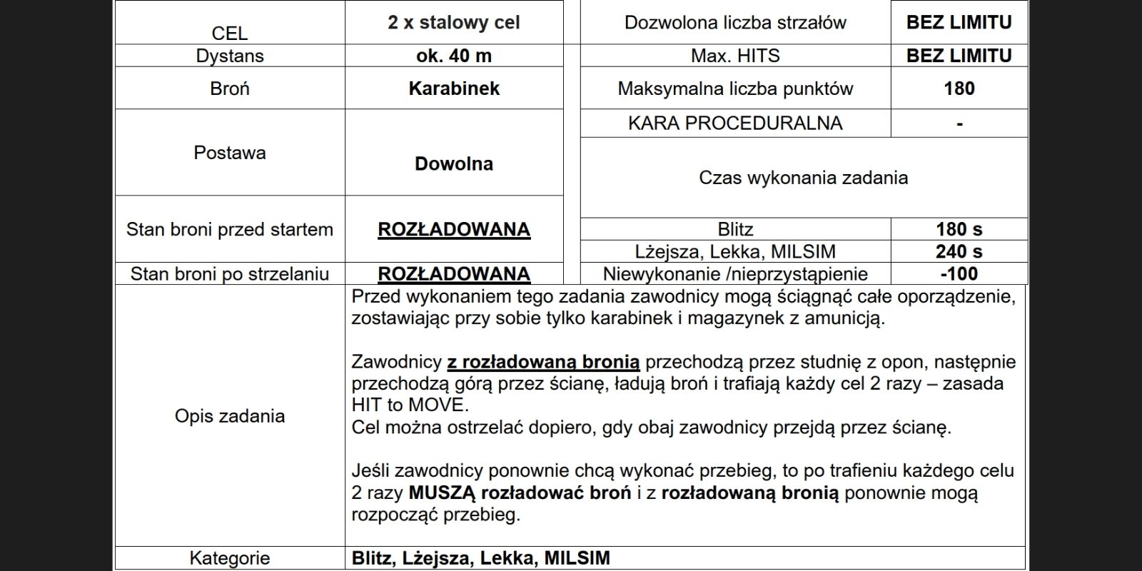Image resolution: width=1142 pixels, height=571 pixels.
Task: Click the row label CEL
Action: (230, 34)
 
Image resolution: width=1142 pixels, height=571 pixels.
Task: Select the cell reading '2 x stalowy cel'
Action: (454, 23)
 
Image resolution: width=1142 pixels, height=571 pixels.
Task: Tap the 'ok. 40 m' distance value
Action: (454, 56)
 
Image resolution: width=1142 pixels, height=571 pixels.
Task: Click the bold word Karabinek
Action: (454, 89)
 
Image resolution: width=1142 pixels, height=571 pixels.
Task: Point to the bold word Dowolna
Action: (454, 163)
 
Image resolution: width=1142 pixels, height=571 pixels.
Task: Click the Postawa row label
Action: (230, 153)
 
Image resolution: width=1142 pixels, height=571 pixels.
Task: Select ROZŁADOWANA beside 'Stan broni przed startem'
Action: (454, 229)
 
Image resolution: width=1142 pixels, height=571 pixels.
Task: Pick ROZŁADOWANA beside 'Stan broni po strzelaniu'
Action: (454, 274)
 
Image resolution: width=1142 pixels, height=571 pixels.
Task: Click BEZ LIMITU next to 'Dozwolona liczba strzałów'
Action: (959, 23)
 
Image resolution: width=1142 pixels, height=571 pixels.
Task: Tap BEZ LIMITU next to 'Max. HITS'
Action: (959, 56)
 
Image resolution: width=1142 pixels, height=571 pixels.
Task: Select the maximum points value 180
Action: (959, 89)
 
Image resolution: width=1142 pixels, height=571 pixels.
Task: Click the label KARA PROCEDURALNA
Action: (735, 123)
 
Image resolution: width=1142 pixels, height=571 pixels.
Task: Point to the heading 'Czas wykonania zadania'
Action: (804, 178)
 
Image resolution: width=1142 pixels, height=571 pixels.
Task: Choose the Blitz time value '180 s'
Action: (959, 229)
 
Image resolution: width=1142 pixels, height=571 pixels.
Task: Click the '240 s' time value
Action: (959, 251)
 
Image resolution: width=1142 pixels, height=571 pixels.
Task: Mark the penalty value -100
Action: (959, 274)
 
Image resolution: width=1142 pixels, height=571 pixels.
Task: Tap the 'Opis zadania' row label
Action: (230, 416)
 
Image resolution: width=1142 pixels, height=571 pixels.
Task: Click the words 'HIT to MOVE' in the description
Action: (409, 405)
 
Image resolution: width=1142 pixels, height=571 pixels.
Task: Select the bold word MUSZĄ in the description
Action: (443, 493)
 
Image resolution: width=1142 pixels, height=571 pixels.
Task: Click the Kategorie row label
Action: (230, 558)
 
